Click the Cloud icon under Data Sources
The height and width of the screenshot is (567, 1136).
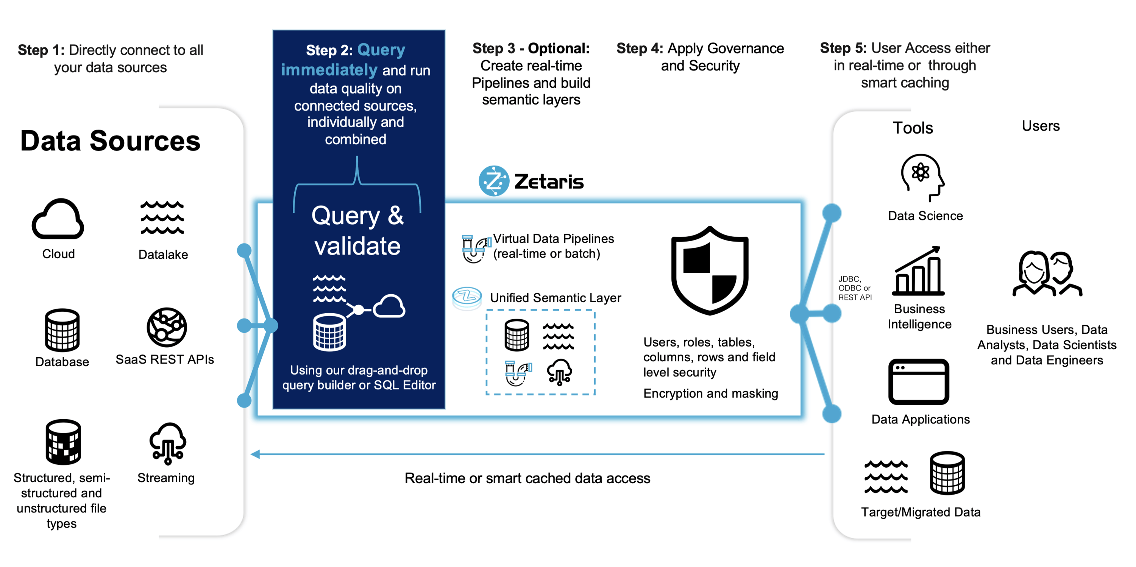[x=58, y=219]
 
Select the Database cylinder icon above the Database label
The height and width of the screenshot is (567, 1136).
[x=62, y=330]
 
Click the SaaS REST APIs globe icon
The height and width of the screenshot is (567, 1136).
[x=167, y=327]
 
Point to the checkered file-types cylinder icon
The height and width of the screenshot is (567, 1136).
[x=63, y=442]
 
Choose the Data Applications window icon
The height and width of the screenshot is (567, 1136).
[x=919, y=382]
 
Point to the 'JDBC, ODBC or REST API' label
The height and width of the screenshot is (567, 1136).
[x=855, y=288]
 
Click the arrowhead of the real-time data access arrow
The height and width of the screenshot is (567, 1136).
[x=255, y=454]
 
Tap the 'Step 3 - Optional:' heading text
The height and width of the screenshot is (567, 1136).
[x=531, y=48]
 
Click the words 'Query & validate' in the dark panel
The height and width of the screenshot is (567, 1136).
[x=357, y=230]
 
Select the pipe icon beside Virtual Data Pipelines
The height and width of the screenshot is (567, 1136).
[x=475, y=249]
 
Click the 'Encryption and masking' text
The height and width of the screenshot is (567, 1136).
[x=710, y=393]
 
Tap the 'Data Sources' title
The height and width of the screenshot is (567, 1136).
[x=110, y=141]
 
